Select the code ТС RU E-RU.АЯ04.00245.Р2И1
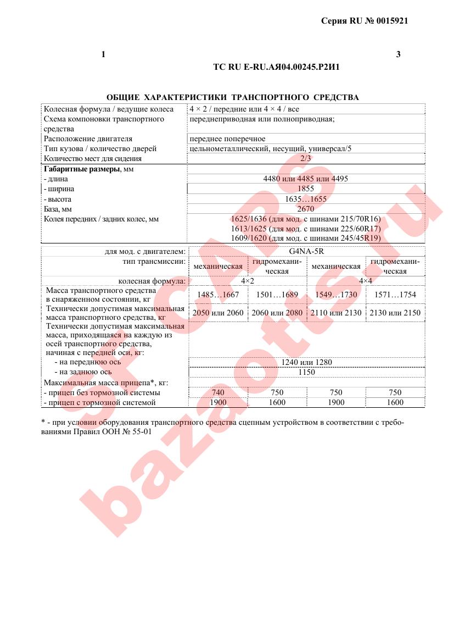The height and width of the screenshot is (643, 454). point(279,67)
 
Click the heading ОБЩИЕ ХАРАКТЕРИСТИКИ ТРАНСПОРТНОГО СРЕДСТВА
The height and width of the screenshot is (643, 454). point(232,97)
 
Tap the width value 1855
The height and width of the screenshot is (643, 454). point(306,189)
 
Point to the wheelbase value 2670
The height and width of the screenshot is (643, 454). point(305,209)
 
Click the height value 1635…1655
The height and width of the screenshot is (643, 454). point(306,199)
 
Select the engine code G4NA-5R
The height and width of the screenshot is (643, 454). point(306,252)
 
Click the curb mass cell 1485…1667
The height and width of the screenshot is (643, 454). point(218,295)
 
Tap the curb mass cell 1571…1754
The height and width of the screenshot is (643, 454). point(395,295)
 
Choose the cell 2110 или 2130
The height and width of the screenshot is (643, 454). point(336,313)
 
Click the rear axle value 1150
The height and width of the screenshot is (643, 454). point(306,372)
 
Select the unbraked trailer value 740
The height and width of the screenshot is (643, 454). point(218,392)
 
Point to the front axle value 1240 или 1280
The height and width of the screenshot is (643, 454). point(306,362)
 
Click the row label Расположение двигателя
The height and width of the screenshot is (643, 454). point(88,138)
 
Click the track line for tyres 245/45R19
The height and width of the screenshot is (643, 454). point(306,239)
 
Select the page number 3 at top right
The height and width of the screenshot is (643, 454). point(398,54)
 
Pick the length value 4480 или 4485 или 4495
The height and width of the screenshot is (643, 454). point(306,179)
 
